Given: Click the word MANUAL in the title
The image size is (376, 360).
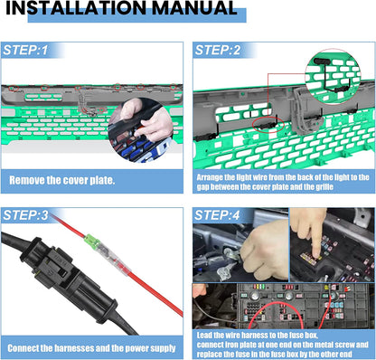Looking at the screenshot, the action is (194, 8).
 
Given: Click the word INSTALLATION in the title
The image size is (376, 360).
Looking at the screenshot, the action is (77, 8).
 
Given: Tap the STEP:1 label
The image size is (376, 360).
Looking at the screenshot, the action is (25, 50).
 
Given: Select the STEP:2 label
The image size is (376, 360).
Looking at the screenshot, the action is (218, 50).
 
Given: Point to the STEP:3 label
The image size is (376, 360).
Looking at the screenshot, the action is (25, 215).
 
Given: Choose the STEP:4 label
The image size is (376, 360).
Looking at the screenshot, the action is (217, 215).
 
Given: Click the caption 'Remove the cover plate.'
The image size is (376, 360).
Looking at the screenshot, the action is (62, 180).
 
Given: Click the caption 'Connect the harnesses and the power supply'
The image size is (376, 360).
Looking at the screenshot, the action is (91, 348).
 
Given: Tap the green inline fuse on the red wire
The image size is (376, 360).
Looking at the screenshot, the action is (91, 242).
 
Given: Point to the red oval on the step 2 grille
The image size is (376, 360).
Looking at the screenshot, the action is (268, 125).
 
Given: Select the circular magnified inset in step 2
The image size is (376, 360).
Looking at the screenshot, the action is (333, 77).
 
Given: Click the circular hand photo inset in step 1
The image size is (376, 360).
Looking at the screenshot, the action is (141, 130).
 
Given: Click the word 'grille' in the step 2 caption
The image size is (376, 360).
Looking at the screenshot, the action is (324, 187).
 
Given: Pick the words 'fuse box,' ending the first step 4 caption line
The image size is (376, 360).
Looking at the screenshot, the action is (302, 335).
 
